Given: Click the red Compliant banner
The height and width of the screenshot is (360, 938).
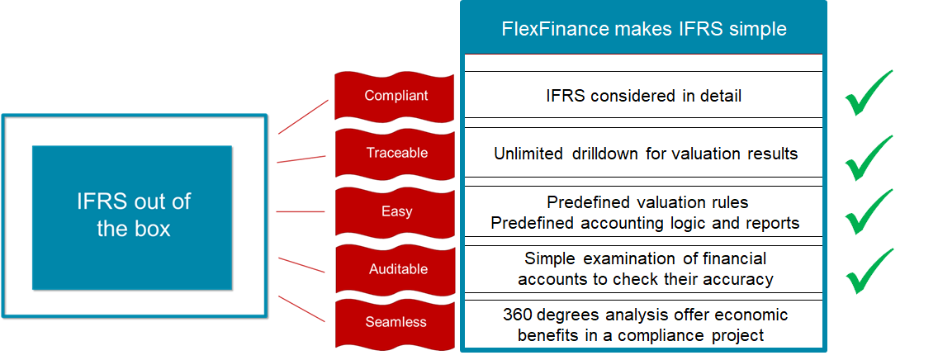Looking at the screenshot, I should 396,96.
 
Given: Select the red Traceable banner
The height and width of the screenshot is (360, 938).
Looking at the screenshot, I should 396,153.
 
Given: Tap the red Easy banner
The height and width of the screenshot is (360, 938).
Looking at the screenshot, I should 396,211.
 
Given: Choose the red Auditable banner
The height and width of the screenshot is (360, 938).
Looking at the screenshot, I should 396,269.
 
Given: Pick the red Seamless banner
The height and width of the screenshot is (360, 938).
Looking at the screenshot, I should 396,322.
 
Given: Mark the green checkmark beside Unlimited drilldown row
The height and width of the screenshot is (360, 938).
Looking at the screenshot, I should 869,157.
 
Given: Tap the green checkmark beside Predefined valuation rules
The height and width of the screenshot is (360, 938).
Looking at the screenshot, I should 869,211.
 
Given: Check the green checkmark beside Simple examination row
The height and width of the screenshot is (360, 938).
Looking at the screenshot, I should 869,271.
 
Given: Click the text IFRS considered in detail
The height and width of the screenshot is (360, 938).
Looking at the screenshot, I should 644,96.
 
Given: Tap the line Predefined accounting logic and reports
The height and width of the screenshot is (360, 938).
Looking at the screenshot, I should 645,223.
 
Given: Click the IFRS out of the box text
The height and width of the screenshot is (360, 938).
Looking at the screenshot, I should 133,216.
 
